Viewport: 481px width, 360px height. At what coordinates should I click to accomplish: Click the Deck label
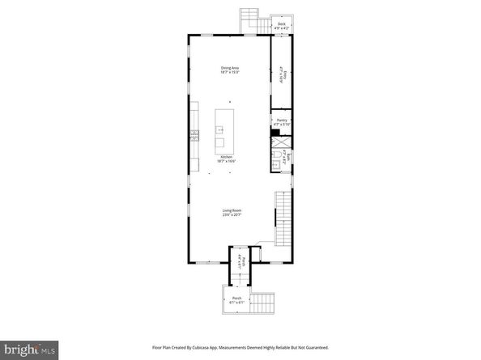point(281,23)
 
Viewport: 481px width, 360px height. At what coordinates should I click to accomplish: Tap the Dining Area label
point(230,67)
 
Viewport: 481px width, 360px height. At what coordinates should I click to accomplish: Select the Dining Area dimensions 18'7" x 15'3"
point(230,73)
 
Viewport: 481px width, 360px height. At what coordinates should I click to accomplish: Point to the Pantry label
point(282,120)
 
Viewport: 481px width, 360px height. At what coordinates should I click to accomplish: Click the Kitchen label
point(227,157)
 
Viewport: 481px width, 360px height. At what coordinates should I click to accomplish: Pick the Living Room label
point(232,210)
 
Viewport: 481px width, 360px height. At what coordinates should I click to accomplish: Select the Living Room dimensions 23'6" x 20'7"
point(232,215)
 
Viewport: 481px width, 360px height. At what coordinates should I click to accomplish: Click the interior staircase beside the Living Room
point(283,218)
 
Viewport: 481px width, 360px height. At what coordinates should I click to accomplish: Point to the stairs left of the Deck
point(250,19)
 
